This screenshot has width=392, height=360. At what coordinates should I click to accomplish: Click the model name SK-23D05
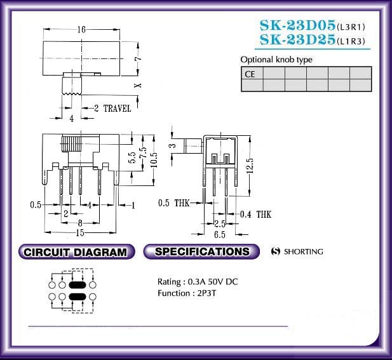click(x=297, y=25)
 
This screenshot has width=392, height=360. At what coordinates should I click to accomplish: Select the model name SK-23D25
click(x=297, y=39)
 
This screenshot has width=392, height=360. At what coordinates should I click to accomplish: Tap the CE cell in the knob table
click(x=252, y=73)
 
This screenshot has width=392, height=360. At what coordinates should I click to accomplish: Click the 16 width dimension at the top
click(x=81, y=29)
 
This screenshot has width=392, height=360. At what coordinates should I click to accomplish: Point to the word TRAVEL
click(x=118, y=109)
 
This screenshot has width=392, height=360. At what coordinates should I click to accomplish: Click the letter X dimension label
click(x=138, y=85)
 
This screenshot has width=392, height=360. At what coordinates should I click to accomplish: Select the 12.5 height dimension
click(x=250, y=166)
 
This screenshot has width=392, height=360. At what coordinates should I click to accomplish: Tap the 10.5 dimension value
click(x=154, y=160)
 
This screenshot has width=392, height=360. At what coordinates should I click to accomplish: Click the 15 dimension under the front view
click(x=80, y=233)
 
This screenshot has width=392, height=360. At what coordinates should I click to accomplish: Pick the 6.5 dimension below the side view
click(x=219, y=234)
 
